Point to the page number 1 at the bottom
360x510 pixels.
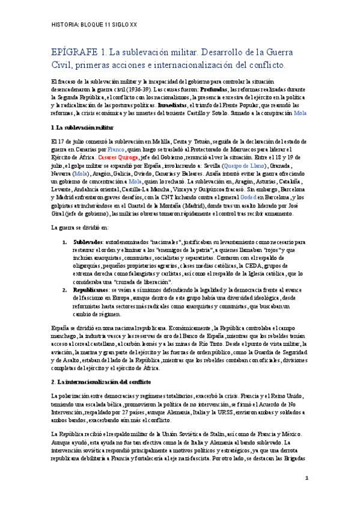307,478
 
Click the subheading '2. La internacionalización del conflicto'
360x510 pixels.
101,381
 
